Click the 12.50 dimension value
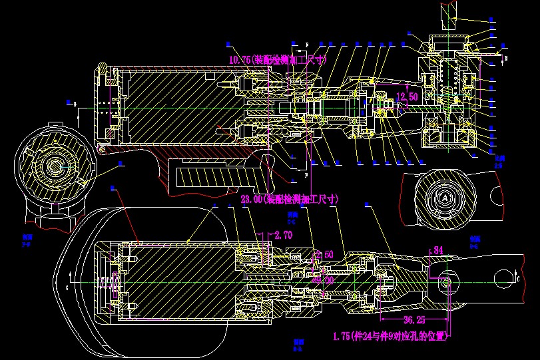407,97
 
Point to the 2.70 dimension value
283,235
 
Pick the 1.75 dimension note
388,336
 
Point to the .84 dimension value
437,250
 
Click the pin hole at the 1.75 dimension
447,283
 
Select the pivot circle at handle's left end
101,150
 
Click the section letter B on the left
75,104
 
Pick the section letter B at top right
506,59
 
